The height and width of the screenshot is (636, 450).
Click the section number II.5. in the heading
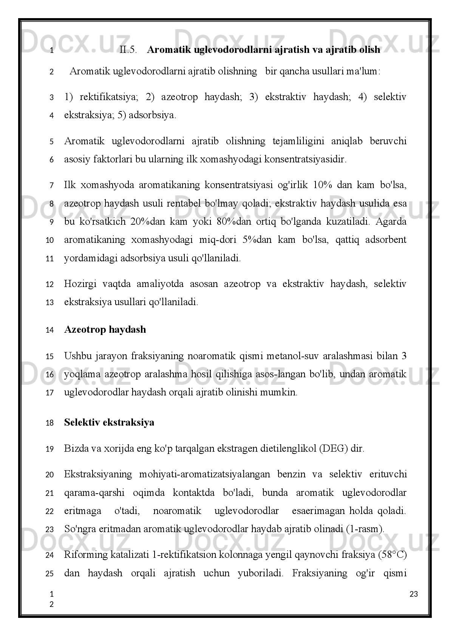(x=128, y=50)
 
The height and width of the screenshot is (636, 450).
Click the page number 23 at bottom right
(x=414, y=594)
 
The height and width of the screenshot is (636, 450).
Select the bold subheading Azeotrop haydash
(x=105, y=330)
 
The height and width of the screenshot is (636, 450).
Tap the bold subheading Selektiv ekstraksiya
(x=109, y=422)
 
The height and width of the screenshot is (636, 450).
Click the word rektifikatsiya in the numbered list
(x=109, y=97)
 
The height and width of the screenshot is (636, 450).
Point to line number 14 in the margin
(x=49, y=330)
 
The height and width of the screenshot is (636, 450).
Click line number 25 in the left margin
(x=49, y=574)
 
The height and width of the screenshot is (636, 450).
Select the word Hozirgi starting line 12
(x=80, y=284)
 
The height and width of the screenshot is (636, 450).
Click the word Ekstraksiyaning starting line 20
(x=98, y=474)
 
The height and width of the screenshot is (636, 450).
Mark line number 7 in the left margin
(x=51, y=186)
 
